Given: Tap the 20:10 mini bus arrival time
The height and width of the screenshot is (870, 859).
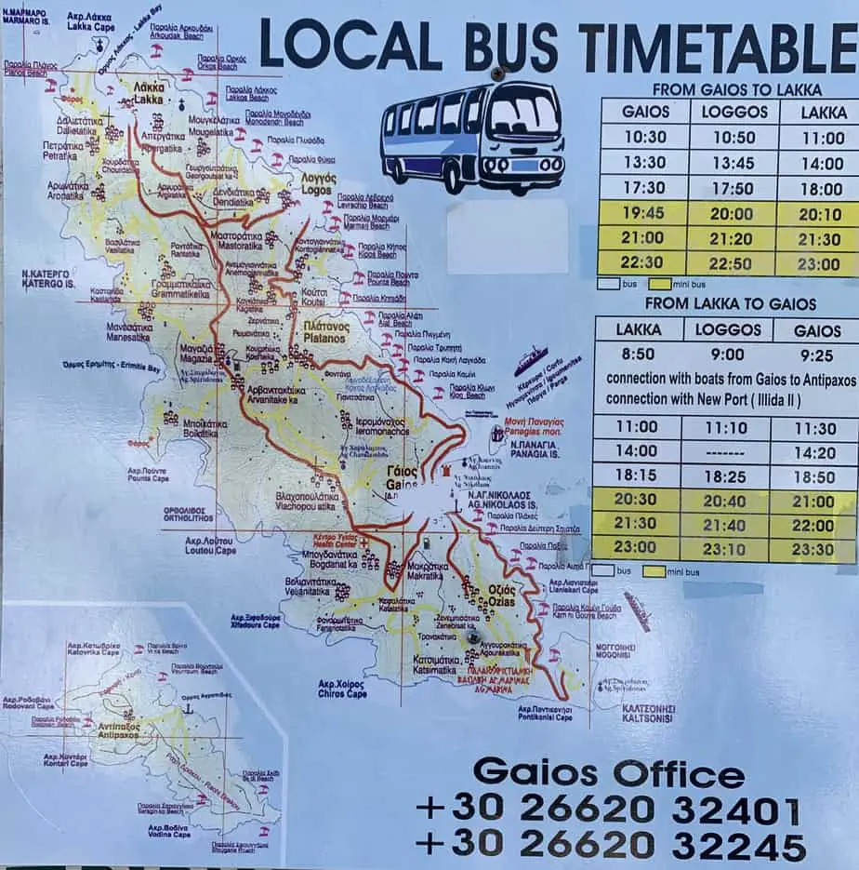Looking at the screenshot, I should tap(819, 213).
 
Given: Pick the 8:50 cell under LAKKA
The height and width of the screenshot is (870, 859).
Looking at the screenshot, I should tap(639, 354).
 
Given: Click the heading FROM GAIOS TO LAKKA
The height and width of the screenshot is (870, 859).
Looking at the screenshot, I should tap(736, 90).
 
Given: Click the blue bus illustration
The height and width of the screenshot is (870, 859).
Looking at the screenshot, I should tap(473, 137).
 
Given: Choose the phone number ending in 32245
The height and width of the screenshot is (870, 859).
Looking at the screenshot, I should tap(609, 846).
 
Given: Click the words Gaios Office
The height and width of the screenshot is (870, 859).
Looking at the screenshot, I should tap(608, 772).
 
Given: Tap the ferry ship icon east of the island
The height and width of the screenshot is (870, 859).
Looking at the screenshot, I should tap(531, 359).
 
